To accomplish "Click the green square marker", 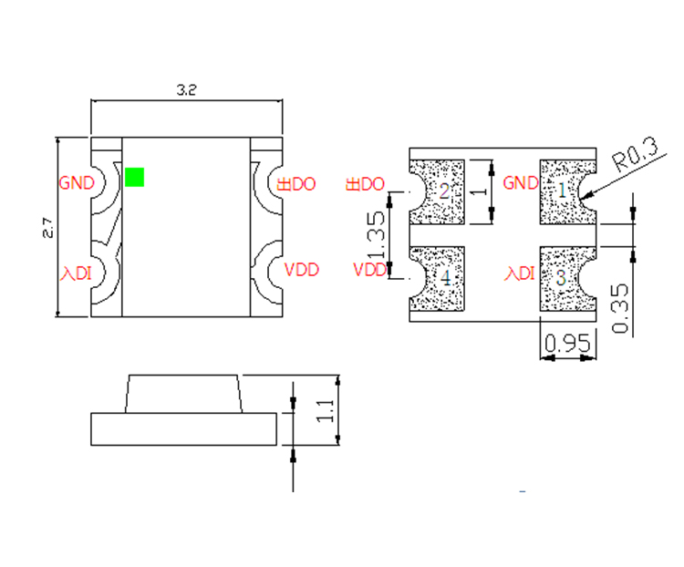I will click(135, 177).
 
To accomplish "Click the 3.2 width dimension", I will click(186, 89).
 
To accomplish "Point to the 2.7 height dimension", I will click(48, 228).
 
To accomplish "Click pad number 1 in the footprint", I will click(563, 191).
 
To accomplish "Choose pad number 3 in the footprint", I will click(562, 277).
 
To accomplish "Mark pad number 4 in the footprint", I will click(446, 278).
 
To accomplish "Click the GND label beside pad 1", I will click(521, 182).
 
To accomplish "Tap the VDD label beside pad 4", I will click(369, 270).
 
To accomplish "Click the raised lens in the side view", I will click(183, 393).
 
